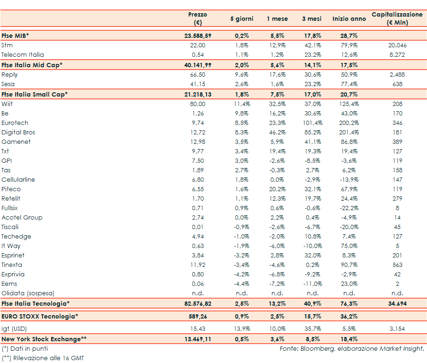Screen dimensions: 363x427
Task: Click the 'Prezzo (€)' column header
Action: point(197,18)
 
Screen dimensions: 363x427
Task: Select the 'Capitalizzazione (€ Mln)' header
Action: point(397,18)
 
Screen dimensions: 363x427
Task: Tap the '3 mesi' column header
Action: point(312,19)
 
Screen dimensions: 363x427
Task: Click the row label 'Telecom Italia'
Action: point(23,55)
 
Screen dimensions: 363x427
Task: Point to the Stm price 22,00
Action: point(198,45)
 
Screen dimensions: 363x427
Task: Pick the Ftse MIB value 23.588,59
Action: point(198,35)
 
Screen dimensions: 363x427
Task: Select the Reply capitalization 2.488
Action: point(397,75)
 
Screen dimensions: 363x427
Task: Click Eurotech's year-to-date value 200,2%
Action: point(349,123)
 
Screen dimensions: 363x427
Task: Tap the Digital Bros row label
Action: point(18,133)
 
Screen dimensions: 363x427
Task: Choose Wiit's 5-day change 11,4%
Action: point(242,104)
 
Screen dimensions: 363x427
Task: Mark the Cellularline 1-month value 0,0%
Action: point(277,180)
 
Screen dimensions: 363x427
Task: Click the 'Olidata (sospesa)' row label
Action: point(27,293)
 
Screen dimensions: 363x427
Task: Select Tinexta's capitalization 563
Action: point(397,265)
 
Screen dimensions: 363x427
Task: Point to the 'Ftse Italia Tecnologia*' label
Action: point(36,303)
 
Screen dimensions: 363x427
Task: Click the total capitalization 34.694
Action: point(397,303)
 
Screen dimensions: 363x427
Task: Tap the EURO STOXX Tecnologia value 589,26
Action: point(198,316)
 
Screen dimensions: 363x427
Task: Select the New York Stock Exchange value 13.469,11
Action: point(198,339)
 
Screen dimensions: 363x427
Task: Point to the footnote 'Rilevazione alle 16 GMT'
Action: point(47,358)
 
